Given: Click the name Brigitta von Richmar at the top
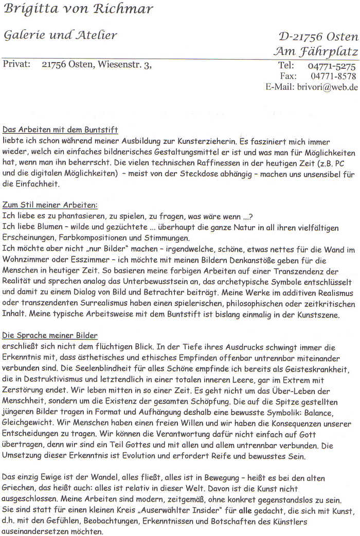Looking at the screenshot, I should [x=78, y=9].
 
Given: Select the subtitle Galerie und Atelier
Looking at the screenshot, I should [x=60, y=35].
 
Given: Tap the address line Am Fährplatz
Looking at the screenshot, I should [x=316, y=51].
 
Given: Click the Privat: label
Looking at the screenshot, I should [x=16, y=65].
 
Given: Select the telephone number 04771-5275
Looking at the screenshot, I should [x=332, y=66].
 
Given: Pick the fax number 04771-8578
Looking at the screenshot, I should [x=333, y=76].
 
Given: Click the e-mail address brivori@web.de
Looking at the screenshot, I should [x=327, y=87].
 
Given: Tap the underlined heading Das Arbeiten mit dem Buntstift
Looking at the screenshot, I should [x=60, y=130].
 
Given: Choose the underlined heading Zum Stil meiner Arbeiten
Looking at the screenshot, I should [x=50, y=205].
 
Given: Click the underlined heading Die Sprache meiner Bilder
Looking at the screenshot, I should [x=50, y=336].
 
